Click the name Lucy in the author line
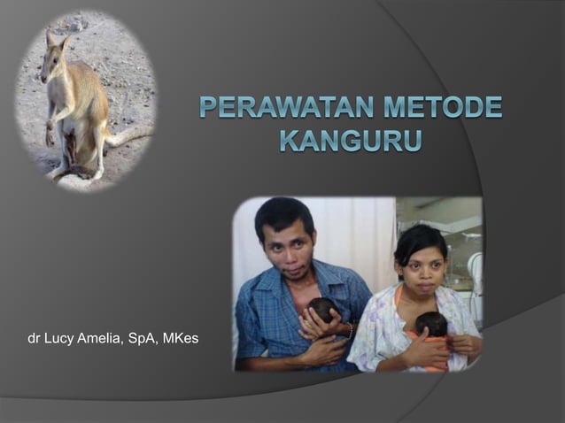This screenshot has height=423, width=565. pyautogui.click(x=60, y=338)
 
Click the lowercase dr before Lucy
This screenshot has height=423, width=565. pyautogui.click(x=35, y=338)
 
